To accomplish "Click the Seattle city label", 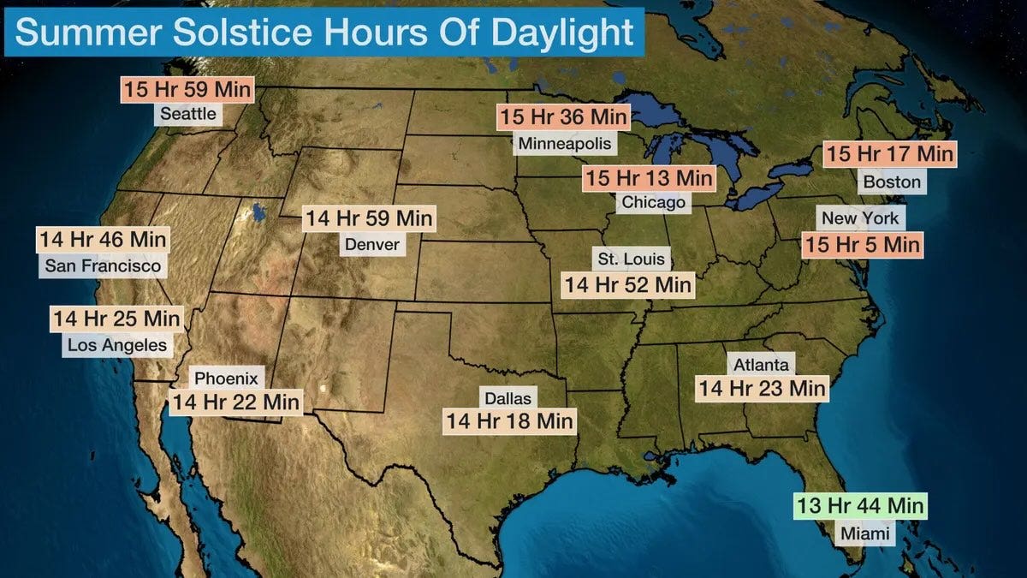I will pos(188,113).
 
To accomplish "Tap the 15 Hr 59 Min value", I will pos(188,89).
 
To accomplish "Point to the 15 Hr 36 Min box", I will pos(564,117).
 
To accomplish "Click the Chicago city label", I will pos(654,203).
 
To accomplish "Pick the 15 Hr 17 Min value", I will pos(889,155).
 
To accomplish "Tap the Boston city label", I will pos(892,182).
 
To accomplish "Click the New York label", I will pos(860,218).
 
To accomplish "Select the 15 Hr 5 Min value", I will pos(862,245).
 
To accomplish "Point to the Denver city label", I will pos(371,245).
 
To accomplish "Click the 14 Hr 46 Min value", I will pos(102,240).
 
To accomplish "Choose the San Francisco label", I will pos(103,266).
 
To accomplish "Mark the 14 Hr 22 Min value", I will pos(236,402).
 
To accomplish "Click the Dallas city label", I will pos(508,398).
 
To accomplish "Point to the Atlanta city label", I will pos(761,365).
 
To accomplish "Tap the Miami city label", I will pos(864,534).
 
